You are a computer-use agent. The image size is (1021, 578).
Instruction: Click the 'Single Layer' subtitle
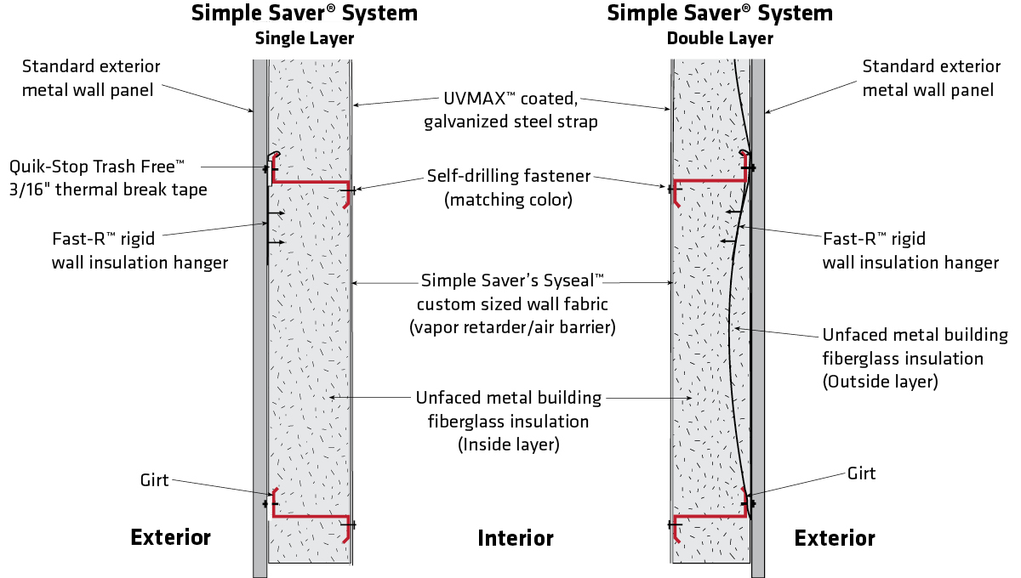point(305,38)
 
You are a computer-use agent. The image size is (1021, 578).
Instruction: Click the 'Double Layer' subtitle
point(720,38)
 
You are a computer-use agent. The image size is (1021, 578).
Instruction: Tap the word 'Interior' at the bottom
point(516,538)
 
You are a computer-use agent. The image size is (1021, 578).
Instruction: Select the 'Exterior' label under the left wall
point(170,537)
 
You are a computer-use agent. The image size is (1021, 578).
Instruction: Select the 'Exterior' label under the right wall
point(835,538)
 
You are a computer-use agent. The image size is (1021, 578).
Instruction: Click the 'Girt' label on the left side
point(155,480)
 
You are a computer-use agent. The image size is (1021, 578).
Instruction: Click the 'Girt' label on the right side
point(861,473)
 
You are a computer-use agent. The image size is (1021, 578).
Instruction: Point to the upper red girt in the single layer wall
point(311,182)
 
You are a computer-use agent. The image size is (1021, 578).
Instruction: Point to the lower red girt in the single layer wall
point(311,515)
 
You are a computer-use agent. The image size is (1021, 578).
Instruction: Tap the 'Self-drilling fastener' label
point(509,178)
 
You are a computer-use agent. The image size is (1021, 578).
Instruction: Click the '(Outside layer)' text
point(880,382)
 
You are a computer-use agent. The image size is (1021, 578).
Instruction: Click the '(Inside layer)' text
point(509,444)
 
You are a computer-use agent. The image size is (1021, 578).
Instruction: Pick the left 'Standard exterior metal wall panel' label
point(90,77)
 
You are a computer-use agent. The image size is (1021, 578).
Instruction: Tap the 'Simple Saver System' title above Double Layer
point(720,14)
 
